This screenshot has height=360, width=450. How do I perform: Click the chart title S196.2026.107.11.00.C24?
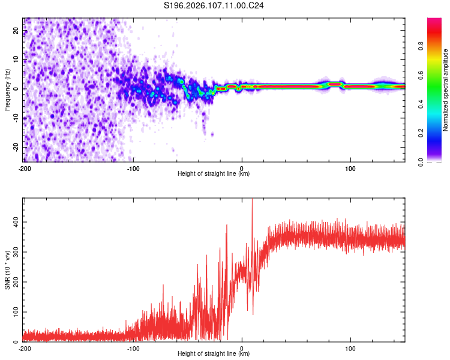[x=214, y=6]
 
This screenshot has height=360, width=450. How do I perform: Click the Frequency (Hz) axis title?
[x=7, y=89]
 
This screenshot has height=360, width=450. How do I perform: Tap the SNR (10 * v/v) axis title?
[x=7, y=271]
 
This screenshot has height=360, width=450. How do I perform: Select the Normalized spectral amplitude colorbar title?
[x=445, y=90]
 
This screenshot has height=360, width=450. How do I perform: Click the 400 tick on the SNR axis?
[x=16, y=222]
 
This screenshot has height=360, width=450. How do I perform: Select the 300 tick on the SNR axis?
[x=16, y=252]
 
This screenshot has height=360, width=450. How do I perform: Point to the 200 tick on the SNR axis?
[x=16, y=282]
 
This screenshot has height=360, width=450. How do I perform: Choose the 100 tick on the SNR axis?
[x=16, y=312]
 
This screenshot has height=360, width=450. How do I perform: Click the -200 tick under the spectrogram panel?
[x=25, y=167]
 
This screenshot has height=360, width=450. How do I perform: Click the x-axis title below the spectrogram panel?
[x=214, y=174]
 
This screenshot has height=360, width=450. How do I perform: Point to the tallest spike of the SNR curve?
[x=252, y=199]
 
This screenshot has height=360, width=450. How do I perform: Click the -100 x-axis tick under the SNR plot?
[x=133, y=347]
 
